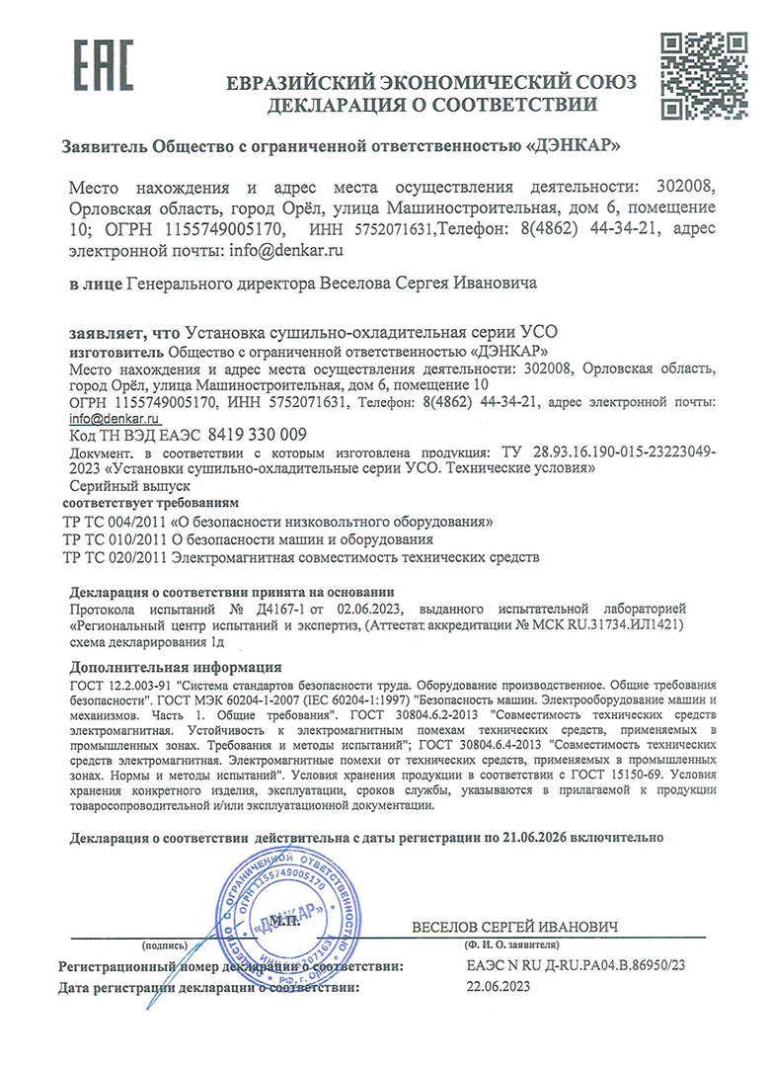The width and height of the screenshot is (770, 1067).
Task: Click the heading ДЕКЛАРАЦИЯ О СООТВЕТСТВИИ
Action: pyautogui.click(x=430, y=104)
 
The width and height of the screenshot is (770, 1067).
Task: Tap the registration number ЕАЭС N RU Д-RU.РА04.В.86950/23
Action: pyautogui.click(x=574, y=964)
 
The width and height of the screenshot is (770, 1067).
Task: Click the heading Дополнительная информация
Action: pyautogui.click(x=177, y=667)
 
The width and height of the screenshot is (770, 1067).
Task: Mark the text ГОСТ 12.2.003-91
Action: pyautogui.click(x=129, y=684)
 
